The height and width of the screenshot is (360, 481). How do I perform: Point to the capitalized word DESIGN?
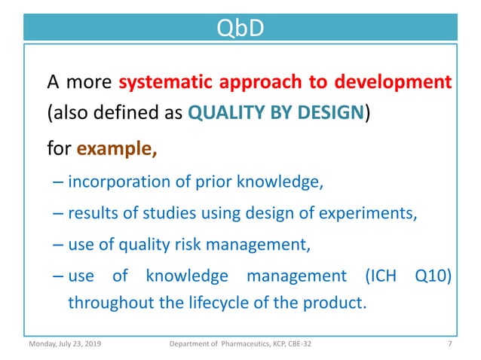click(329, 114)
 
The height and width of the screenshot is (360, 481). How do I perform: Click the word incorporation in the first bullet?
click(115, 182)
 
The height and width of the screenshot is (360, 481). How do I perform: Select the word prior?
click(210, 182)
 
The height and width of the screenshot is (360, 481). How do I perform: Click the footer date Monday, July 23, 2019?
click(66, 345)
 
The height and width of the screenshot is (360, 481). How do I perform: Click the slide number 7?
click(449, 345)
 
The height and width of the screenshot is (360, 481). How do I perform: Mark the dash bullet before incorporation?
click(59, 182)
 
